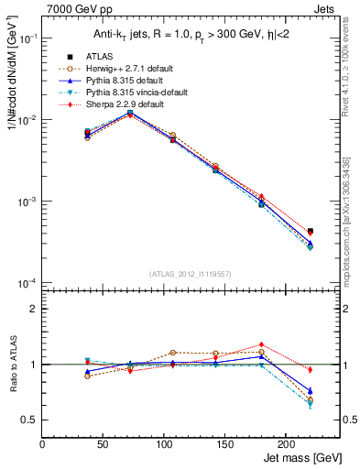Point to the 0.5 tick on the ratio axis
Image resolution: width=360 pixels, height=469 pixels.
[29, 420]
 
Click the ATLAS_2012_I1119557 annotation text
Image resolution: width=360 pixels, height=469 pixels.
[190, 274]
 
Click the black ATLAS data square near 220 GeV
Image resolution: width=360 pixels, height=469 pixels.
[310, 231]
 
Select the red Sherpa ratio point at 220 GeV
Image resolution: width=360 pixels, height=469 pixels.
[310, 370]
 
